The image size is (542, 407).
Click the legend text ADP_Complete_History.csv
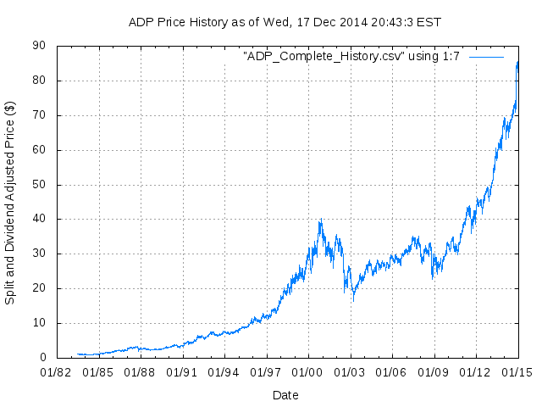click(x=352, y=56)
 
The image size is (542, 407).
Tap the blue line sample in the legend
click(x=486, y=56)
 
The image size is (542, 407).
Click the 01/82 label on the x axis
click(x=57, y=371)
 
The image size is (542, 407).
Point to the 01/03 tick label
click(x=350, y=371)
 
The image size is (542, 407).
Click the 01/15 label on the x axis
click(x=517, y=371)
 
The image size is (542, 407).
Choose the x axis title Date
click(x=285, y=394)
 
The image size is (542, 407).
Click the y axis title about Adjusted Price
click(x=10, y=203)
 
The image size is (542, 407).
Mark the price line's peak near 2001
click(x=320, y=220)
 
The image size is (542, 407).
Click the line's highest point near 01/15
click(x=517, y=61)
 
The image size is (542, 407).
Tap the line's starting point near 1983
click(x=77, y=354)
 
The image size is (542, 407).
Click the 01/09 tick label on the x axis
click(x=434, y=371)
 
